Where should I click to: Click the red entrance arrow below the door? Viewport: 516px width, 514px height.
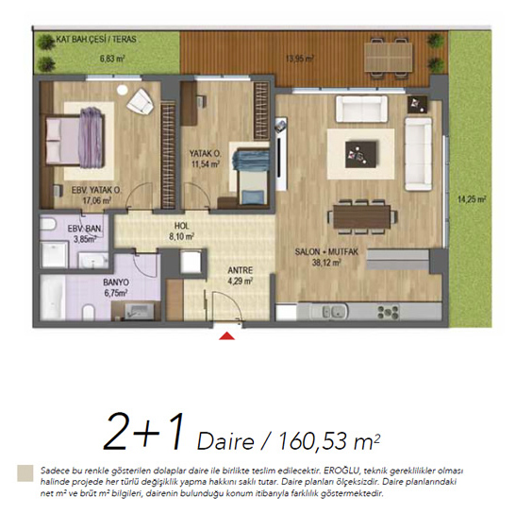(227, 336)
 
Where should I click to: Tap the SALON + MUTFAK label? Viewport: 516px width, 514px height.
(326, 252)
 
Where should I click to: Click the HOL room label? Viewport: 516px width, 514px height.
(182, 226)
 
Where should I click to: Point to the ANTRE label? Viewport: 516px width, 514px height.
(241, 270)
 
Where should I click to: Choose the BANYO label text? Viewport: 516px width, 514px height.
(116, 283)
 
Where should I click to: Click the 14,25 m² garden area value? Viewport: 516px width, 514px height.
(472, 199)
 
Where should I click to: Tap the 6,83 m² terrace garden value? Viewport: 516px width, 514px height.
(112, 60)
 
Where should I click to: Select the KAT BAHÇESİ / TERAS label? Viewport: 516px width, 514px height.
(96, 40)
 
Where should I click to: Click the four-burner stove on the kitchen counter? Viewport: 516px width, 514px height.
(389, 312)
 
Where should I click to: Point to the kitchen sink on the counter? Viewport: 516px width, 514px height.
(335, 311)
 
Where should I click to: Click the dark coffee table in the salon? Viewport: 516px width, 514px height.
(361, 154)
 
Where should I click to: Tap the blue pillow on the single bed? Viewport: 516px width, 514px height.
(253, 197)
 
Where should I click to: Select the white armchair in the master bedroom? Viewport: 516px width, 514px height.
(140, 101)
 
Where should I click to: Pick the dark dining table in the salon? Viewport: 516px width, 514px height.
(362, 216)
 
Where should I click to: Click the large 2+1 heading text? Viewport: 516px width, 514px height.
(143, 432)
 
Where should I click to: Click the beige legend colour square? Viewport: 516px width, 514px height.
(25, 473)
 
